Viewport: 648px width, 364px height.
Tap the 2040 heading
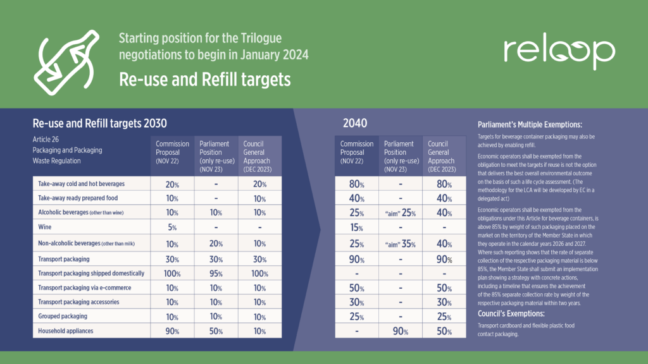[356, 123]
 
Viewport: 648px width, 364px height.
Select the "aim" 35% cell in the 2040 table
[400, 243]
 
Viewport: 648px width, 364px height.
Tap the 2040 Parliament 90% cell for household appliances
[400, 330]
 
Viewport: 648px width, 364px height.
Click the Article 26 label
[47, 139]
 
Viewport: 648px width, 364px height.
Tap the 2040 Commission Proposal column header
[356, 152]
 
